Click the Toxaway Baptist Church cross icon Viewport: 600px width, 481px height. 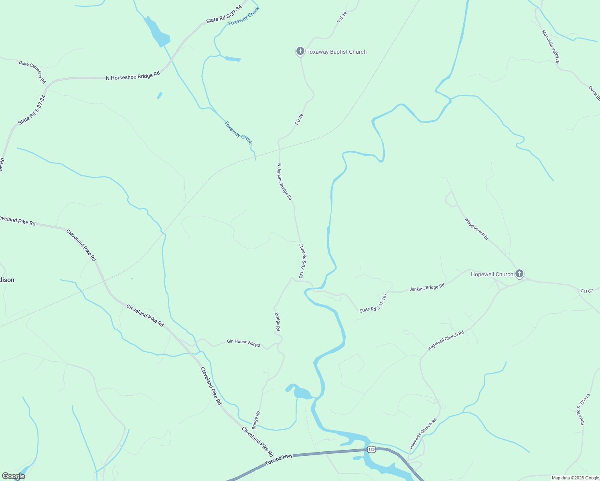300,51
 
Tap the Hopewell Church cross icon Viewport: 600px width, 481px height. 519,274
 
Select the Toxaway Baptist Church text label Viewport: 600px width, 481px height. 336,52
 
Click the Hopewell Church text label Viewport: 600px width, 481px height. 492,274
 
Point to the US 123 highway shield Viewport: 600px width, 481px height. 371,449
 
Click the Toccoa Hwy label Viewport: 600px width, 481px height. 279,460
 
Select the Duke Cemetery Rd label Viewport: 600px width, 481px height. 32,72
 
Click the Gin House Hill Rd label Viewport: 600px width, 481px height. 243,343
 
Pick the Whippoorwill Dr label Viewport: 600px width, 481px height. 476,228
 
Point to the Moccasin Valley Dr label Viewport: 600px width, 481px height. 550,46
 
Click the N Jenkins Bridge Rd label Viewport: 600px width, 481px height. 285,182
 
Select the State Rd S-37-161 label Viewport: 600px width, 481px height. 373,303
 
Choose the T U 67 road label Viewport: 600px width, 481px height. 586,291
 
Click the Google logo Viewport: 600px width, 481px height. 13,476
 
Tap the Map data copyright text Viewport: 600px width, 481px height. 575,478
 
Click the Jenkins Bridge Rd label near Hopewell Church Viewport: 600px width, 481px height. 427,287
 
